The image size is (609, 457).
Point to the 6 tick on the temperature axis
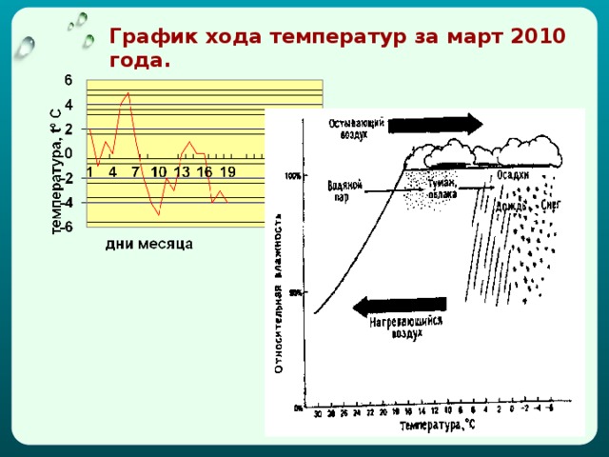[69, 80]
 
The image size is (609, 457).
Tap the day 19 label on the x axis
[227, 172]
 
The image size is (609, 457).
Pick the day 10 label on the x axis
[158, 172]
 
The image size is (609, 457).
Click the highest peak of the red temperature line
[128, 93]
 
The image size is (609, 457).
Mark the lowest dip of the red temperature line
[159, 214]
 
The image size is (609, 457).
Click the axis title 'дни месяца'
[148, 244]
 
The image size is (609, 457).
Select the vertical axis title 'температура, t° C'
[56, 171]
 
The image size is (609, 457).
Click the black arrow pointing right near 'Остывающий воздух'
[437, 125]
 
